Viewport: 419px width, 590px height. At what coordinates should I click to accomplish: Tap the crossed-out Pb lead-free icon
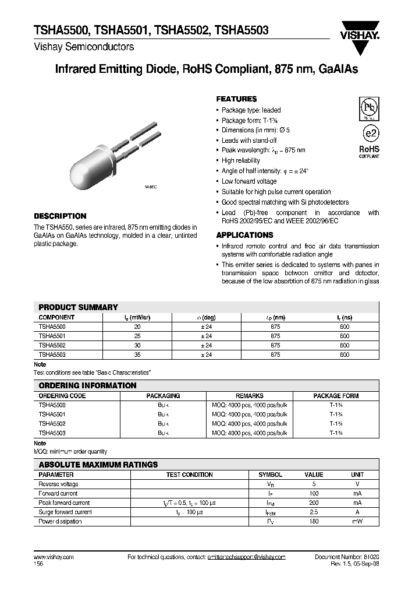[x=368, y=108]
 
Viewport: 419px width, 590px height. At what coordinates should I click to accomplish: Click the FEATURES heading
[x=236, y=99]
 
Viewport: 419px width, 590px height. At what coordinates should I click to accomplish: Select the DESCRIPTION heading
[x=60, y=216]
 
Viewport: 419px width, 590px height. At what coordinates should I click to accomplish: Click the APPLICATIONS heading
[x=244, y=235]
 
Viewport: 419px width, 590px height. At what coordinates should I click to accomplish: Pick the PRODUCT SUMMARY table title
[x=78, y=307]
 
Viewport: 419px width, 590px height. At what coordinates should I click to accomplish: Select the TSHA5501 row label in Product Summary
[x=52, y=336]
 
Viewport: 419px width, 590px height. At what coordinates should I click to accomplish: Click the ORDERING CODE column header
[x=62, y=395]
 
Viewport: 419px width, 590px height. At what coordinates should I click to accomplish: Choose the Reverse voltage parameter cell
[x=58, y=484]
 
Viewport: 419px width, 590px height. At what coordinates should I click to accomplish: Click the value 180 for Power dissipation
[x=314, y=521]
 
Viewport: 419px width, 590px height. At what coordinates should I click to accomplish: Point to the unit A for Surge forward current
[x=357, y=512]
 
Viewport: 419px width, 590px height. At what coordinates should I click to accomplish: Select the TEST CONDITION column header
[x=190, y=475]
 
